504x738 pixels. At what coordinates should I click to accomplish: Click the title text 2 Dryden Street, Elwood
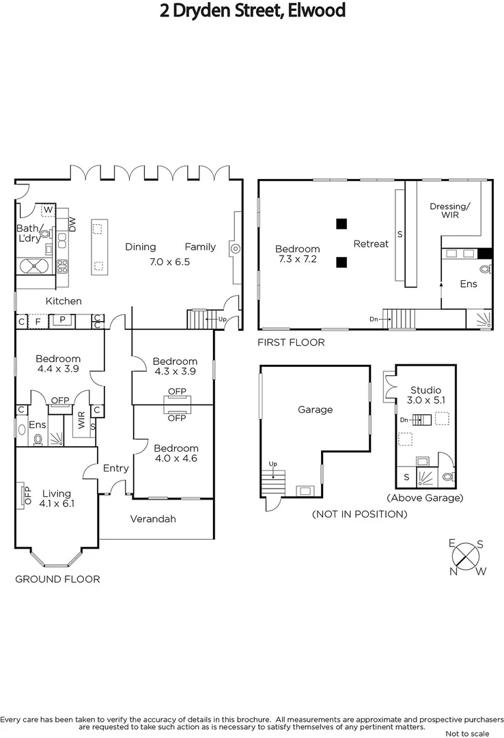(x=252, y=11)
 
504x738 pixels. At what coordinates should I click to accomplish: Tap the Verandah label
(x=153, y=519)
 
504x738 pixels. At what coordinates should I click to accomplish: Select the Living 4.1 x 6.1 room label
(x=56, y=498)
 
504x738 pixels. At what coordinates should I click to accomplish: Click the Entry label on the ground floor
(x=115, y=468)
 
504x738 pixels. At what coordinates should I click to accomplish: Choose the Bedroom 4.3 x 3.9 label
(x=175, y=366)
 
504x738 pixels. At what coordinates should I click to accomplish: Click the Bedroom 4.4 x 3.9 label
(x=58, y=364)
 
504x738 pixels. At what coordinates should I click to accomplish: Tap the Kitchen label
(x=64, y=301)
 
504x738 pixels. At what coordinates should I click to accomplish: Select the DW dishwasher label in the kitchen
(x=72, y=223)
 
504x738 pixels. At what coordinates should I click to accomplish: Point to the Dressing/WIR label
(x=449, y=210)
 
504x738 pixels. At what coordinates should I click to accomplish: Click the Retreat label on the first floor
(x=371, y=243)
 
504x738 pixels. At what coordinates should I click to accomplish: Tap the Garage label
(x=315, y=409)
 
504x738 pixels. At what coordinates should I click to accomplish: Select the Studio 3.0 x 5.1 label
(x=425, y=395)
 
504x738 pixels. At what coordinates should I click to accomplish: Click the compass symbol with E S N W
(x=468, y=556)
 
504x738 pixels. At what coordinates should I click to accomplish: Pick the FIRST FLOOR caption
(x=291, y=342)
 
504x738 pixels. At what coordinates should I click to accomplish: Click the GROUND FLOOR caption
(x=57, y=579)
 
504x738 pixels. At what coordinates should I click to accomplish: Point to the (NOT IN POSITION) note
(x=359, y=514)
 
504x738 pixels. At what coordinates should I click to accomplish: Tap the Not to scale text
(x=466, y=733)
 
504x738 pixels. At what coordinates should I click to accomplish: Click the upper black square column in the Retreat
(x=341, y=223)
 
